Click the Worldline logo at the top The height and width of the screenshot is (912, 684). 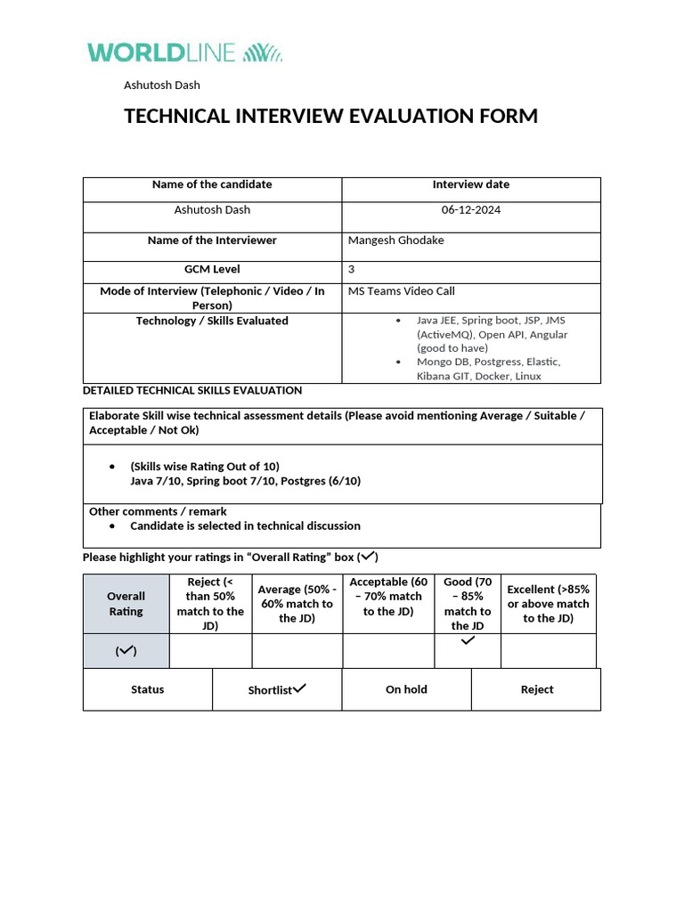pos(184,53)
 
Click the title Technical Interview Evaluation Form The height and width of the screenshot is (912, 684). pos(330,116)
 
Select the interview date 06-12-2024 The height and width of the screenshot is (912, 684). pos(470,210)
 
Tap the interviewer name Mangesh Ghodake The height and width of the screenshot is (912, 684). pos(395,240)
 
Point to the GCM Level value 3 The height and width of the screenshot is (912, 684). pos(351,269)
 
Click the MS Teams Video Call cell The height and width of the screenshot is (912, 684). pos(401,291)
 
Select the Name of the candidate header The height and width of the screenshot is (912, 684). pos(212,184)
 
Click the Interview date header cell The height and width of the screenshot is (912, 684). pos(470,184)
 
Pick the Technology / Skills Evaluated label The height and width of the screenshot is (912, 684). pos(212,321)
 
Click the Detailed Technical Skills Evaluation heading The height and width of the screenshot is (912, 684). pos(191,390)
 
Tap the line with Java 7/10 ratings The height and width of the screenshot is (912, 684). pos(245,481)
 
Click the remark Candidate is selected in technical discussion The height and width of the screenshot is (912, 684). pos(245,526)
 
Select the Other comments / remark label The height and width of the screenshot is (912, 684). pos(158,512)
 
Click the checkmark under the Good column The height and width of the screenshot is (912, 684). pos(468,640)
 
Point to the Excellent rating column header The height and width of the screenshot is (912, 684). pos(548,604)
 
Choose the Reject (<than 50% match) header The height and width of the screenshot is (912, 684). pos(210,604)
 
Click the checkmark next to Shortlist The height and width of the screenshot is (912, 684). pos(299,688)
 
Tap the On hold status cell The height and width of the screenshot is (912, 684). pos(406,689)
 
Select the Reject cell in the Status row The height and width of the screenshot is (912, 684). pos(536,689)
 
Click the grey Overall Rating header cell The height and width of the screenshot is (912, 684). pos(126,604)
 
